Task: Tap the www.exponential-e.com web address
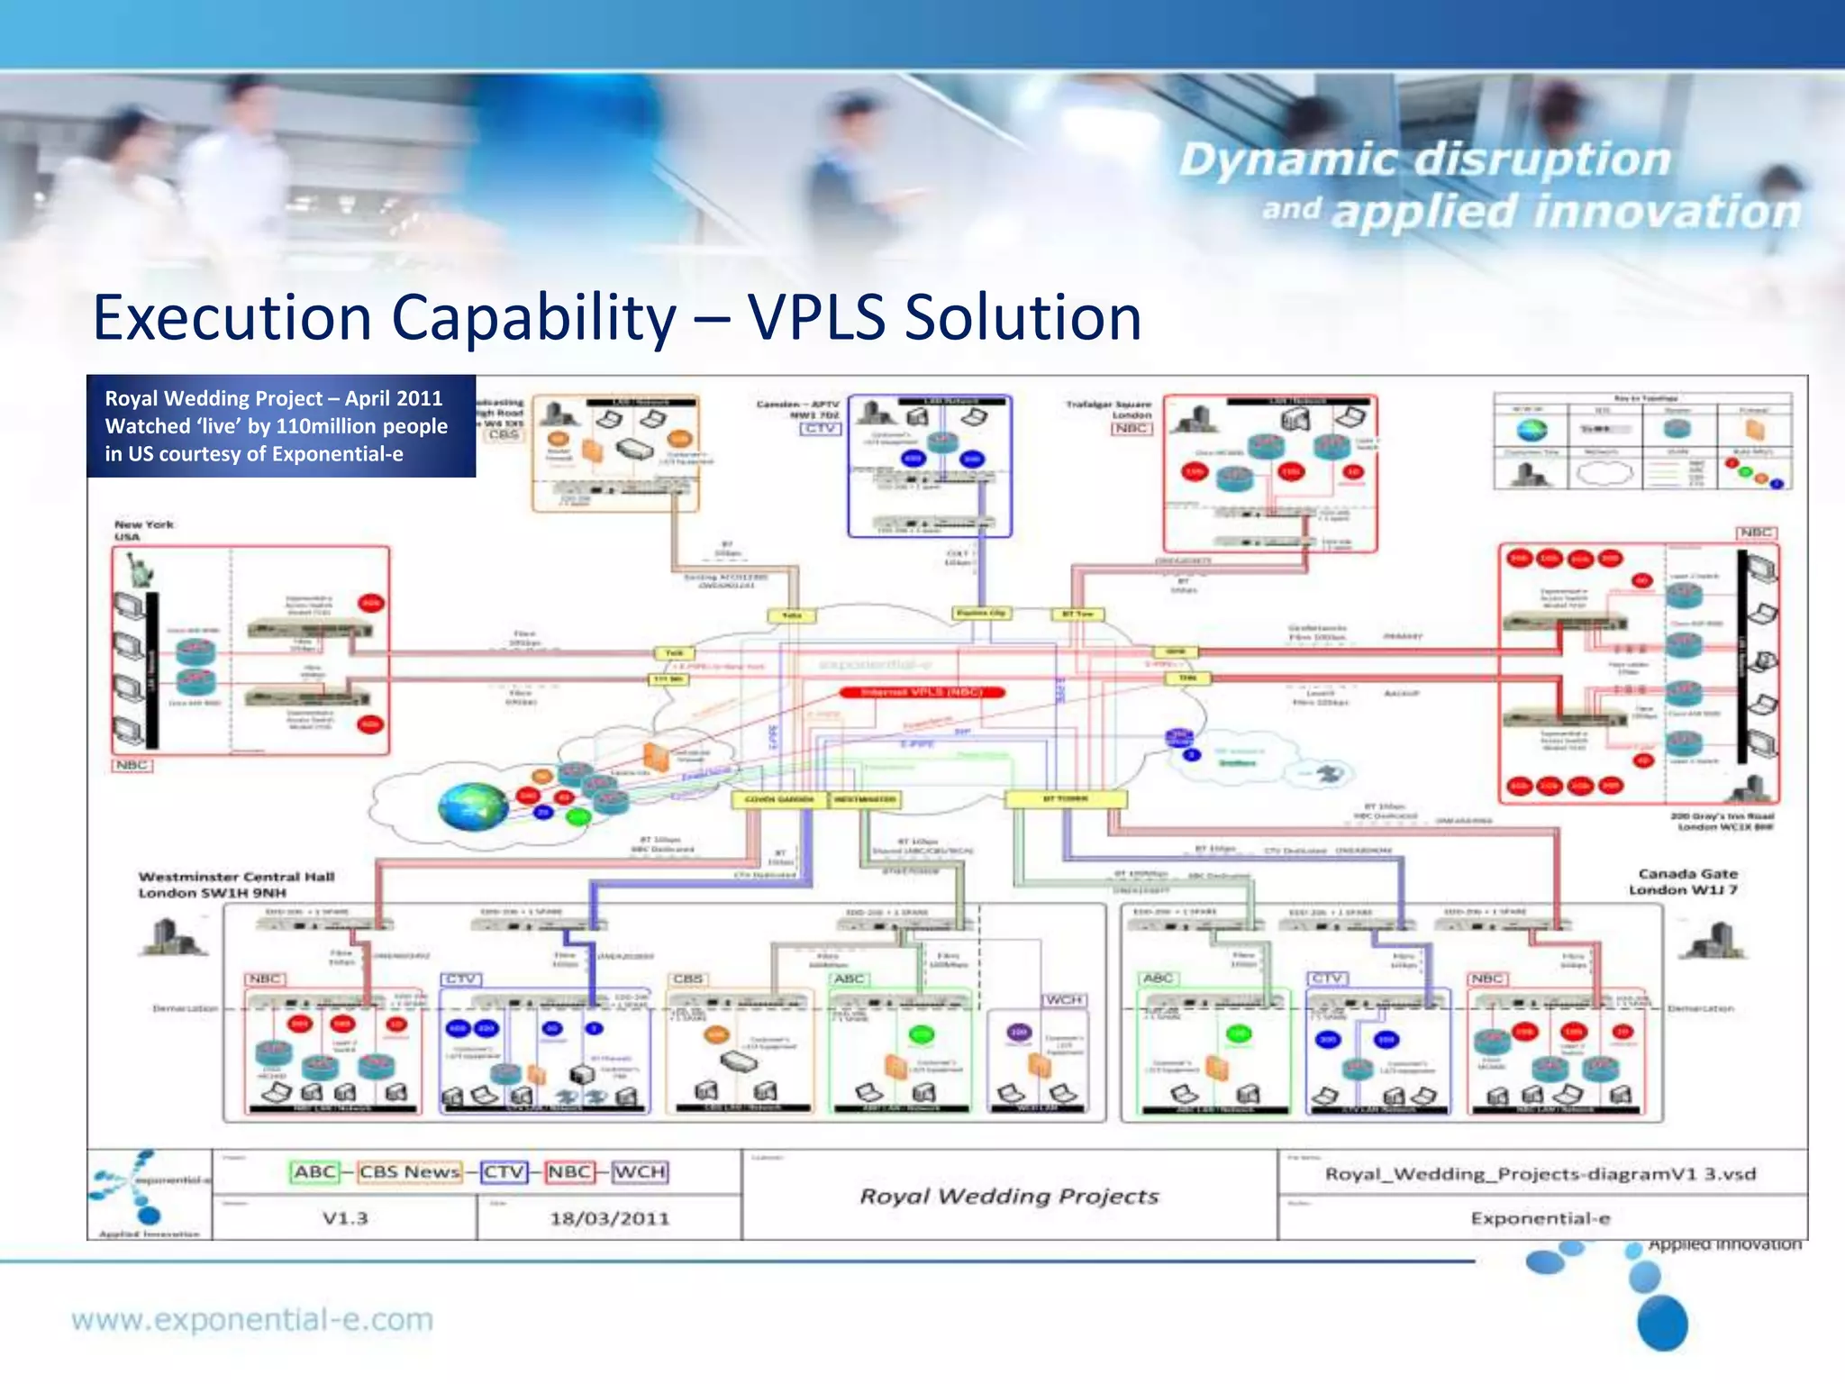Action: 252,1320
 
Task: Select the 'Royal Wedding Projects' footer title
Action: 1009,1196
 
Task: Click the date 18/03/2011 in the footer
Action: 610,1218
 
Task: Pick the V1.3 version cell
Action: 345,1218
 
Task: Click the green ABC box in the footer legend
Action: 315,1171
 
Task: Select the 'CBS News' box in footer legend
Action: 410,1171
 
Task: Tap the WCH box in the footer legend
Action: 641,1171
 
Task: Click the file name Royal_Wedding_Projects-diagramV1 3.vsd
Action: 1541,1173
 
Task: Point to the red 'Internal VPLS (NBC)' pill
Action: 921,692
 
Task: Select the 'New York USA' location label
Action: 143,530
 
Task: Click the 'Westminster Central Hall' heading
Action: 236,876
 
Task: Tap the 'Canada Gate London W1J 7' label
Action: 1686,881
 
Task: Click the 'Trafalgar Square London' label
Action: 1110,409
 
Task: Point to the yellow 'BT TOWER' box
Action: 1066,799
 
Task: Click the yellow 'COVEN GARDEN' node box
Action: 779,799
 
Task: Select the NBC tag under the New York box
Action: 132,765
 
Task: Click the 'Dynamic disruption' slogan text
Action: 1425,159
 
